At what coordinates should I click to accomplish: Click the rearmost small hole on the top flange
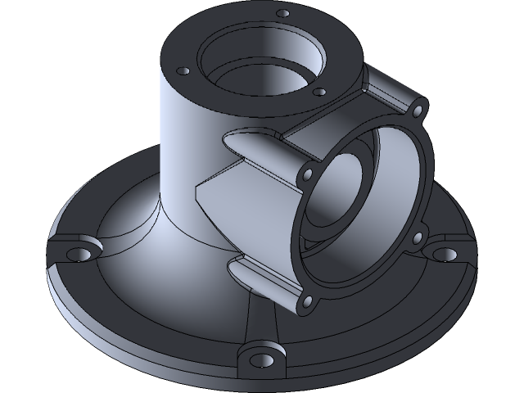pyautogui.click(x=283, y=14)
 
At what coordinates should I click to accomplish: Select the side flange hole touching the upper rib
pyautogui.click(x=308, y=173)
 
